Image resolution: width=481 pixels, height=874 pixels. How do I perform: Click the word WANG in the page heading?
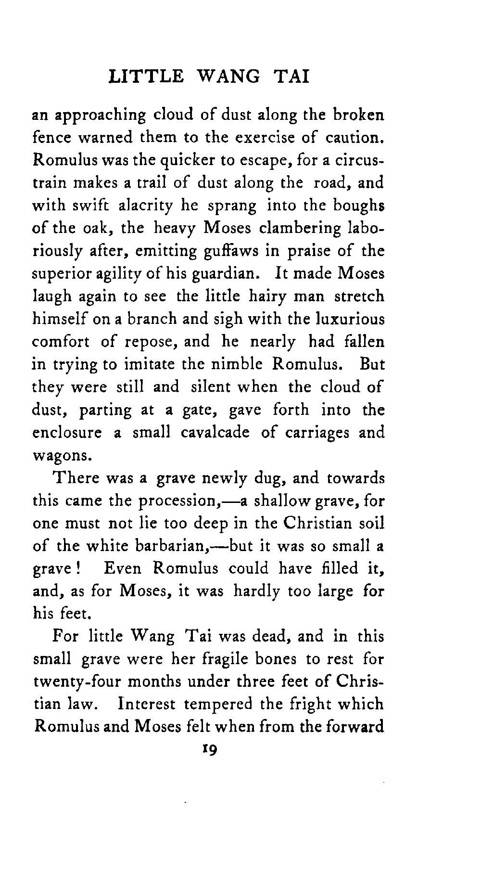pyautogui.click(x=229, y=77)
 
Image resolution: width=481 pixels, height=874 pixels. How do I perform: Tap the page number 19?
pyautogui.click(x=210, y=750)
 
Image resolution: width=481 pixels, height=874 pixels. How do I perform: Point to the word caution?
pyautogui.click(x=356, y=138)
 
